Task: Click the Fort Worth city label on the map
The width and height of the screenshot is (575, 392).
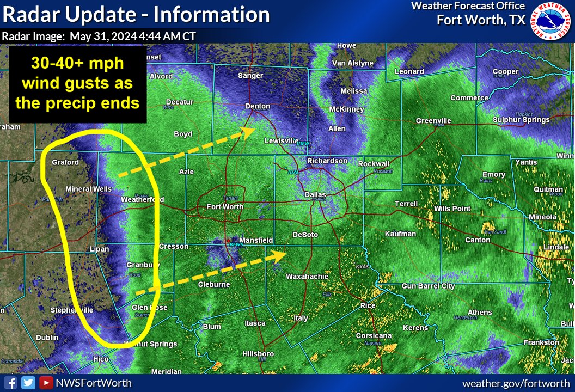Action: coord(225,207)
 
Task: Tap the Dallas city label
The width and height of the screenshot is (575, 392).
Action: coord(315,194)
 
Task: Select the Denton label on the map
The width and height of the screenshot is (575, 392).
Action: coord(258,106)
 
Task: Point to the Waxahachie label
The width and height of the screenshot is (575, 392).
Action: coord(308,277)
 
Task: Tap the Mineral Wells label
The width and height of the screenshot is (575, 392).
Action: coord(88,189)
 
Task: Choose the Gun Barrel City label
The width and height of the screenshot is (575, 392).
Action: coord(428,286)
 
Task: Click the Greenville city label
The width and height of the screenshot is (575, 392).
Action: coord(433,121)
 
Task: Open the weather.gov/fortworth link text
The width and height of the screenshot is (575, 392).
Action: coord(516,383)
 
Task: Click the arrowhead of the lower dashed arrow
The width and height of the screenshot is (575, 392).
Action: coord(281,254)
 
